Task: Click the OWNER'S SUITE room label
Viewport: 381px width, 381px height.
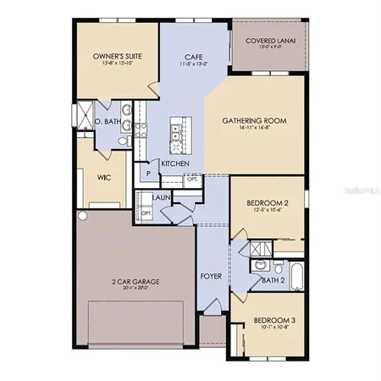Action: pos(116,58)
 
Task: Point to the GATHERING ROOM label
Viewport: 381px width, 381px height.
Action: pos(254,121)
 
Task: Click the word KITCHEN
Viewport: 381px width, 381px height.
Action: pos(174,163)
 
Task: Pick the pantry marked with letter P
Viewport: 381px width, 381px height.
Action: pos(149,173)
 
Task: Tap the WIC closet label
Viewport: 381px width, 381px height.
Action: pos(104,178)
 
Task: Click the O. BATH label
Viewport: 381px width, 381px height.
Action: pos(109,122)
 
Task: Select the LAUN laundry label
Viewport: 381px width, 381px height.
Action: pos(162,197)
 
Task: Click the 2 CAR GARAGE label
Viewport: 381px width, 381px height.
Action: pos(135,281)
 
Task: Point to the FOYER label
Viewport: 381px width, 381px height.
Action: pos(210,277)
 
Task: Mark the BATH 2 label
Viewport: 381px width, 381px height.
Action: pos(273,279)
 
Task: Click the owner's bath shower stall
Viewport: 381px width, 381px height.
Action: pos(85,113)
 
